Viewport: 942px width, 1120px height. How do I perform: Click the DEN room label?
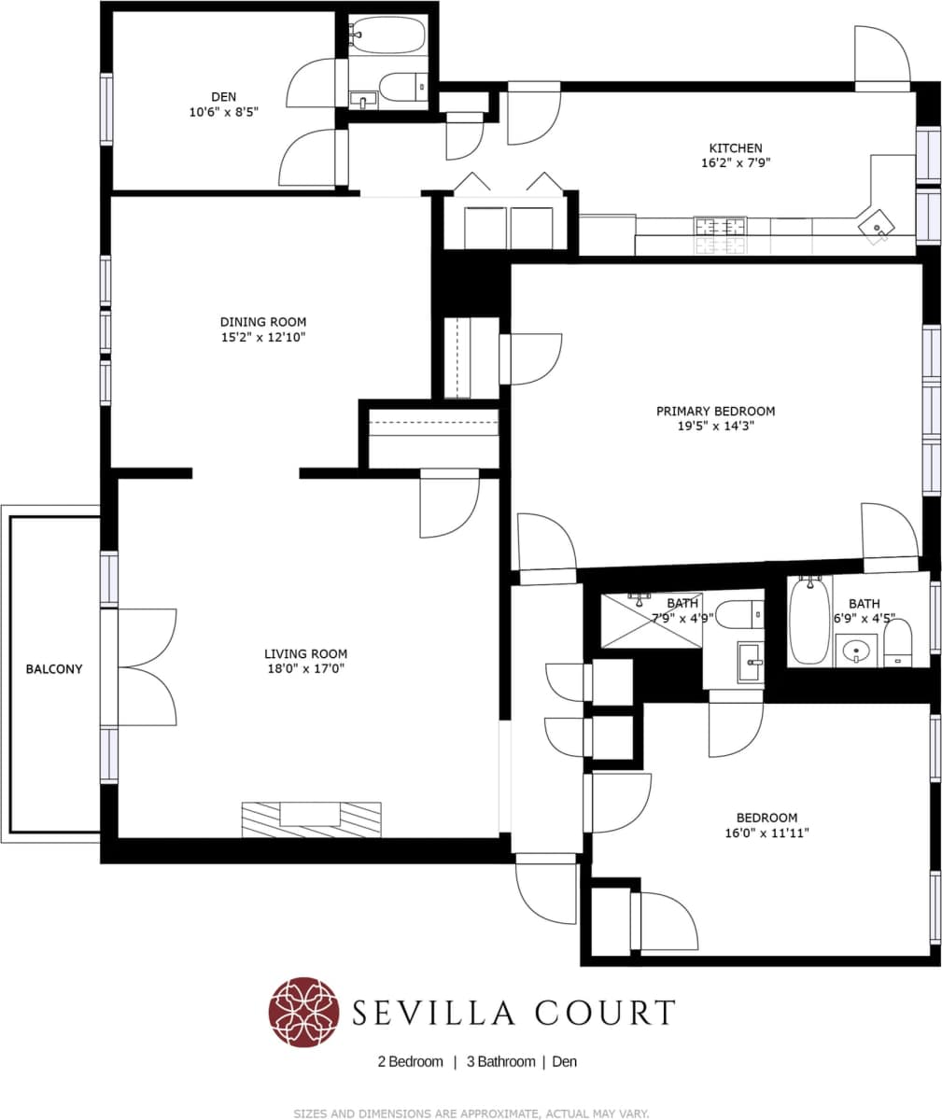point(223,97)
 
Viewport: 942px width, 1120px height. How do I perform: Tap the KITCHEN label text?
point(735,147)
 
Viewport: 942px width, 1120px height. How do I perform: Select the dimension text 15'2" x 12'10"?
point(262,337)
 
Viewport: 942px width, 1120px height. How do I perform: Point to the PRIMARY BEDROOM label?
point(715,411)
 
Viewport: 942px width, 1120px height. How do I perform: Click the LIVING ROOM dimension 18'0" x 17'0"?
point(305,668)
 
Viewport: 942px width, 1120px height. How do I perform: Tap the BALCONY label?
point(54,669)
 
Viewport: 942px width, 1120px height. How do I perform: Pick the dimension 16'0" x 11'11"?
point(766,833)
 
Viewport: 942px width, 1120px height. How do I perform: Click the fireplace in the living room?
point(311,819)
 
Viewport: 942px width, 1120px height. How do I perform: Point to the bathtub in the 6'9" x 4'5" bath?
point(807,622)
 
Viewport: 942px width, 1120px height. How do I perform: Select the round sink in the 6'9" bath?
point(856,651)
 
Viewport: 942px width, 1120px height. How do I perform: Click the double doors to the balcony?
point(148,667)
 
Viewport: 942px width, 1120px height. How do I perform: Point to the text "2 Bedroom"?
point(410,1061)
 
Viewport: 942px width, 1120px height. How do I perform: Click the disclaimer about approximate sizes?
point(471,1113)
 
